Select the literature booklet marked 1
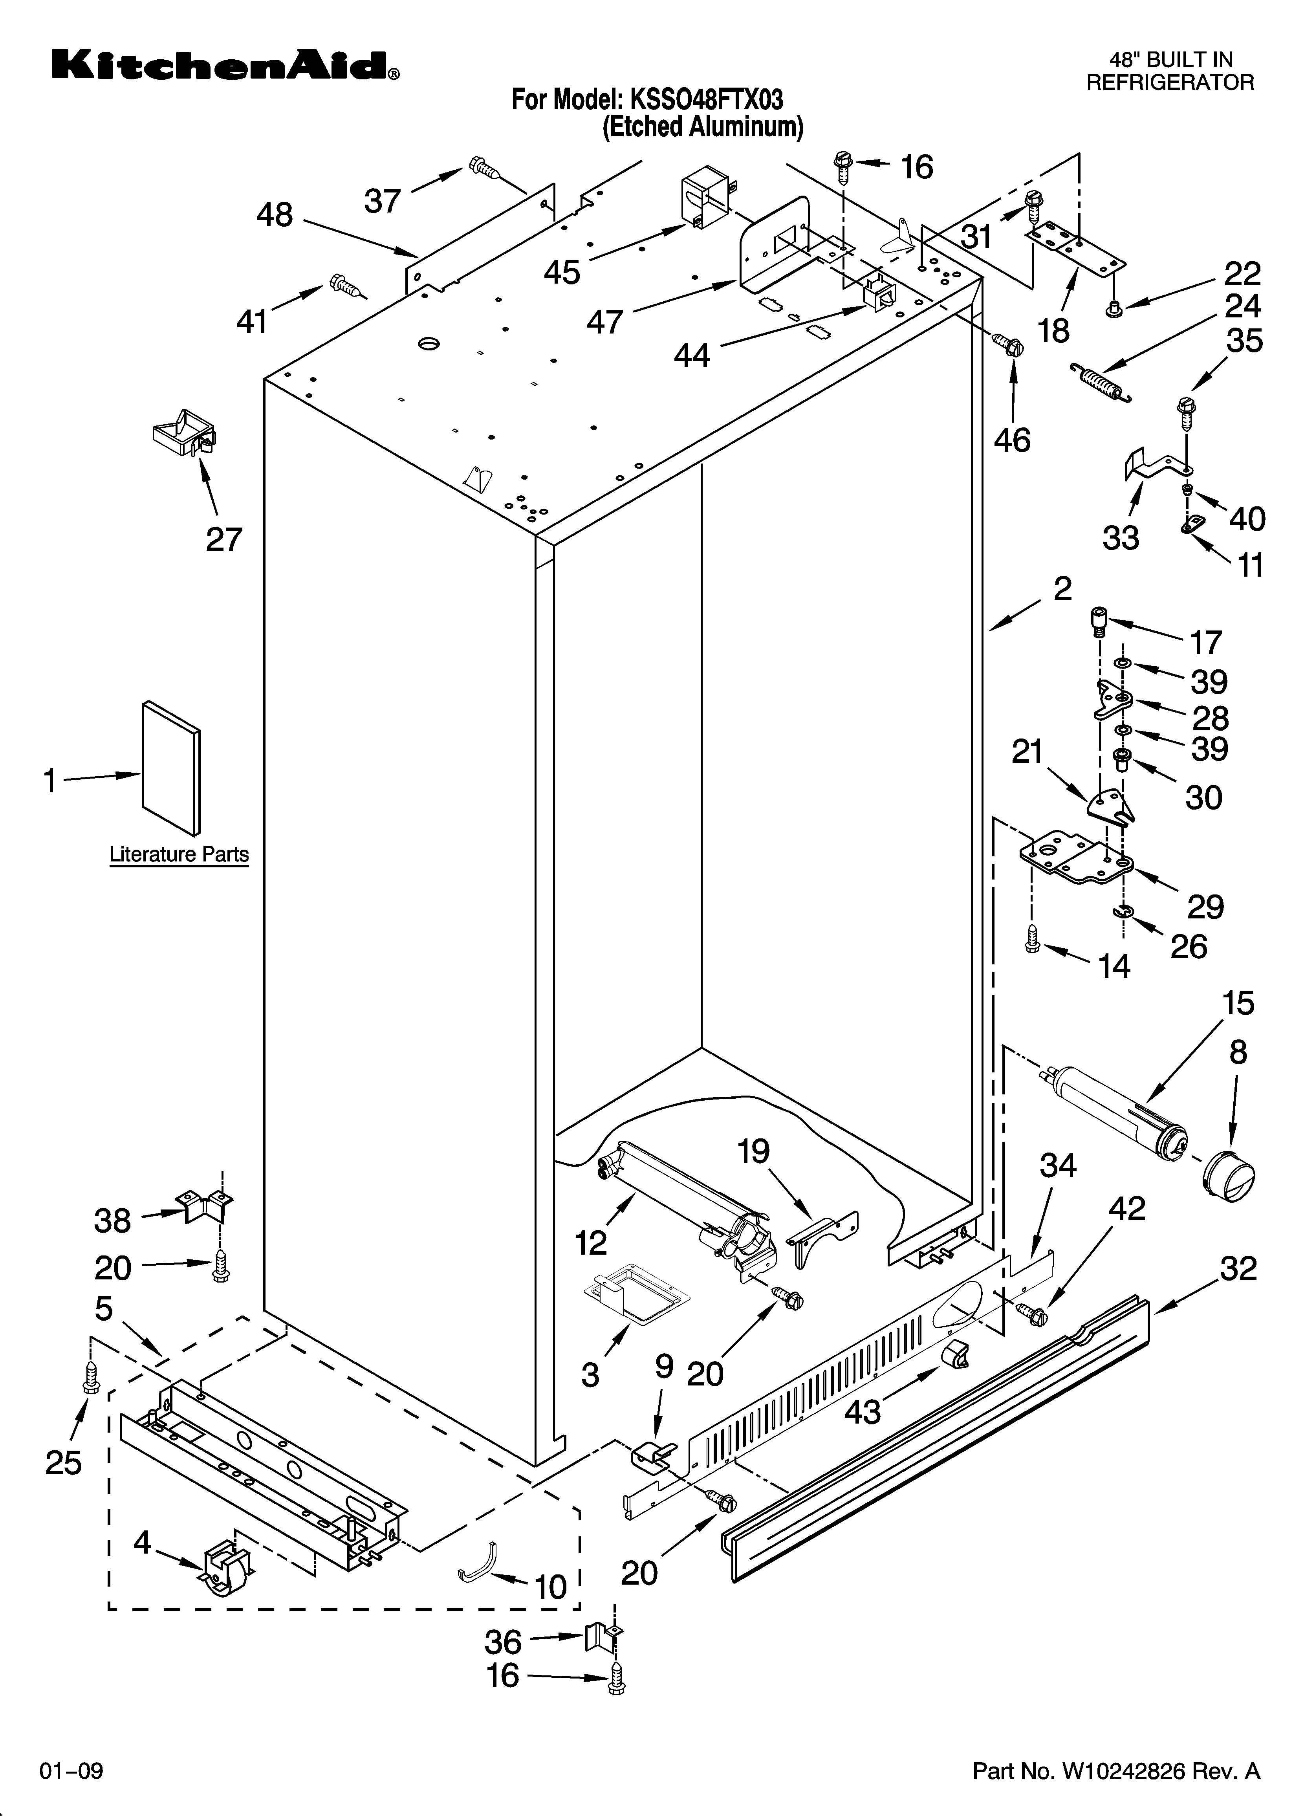pos(170,767)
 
